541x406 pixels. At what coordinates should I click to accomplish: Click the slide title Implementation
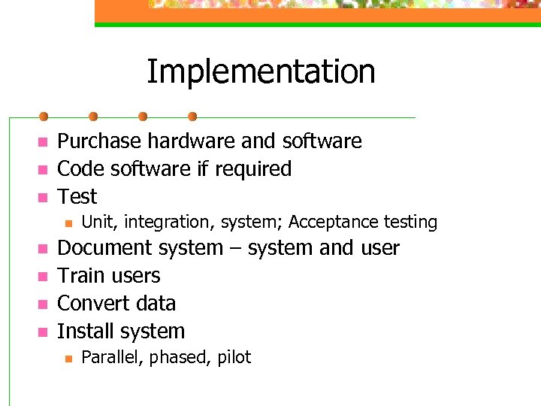pos(261,71)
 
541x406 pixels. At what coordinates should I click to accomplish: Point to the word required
pos(253,169)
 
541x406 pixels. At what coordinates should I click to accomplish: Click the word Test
pos(77,197)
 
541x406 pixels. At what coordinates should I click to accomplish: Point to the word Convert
pos(89,304)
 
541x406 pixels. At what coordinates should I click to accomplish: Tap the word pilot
pos(234,357)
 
